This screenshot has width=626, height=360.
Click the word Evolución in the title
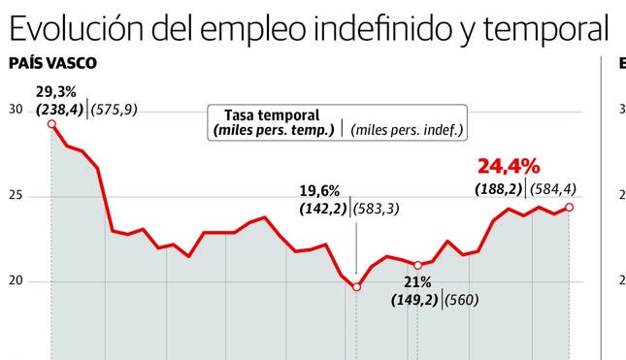point(77,29)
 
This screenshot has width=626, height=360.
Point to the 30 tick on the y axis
point(15,110)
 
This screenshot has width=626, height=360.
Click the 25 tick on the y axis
point(15,196)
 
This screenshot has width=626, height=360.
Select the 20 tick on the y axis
point(15,281)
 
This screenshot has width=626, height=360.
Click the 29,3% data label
point(53,93)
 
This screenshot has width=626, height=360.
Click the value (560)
point(463,300)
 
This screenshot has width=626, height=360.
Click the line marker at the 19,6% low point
point(356,287)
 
